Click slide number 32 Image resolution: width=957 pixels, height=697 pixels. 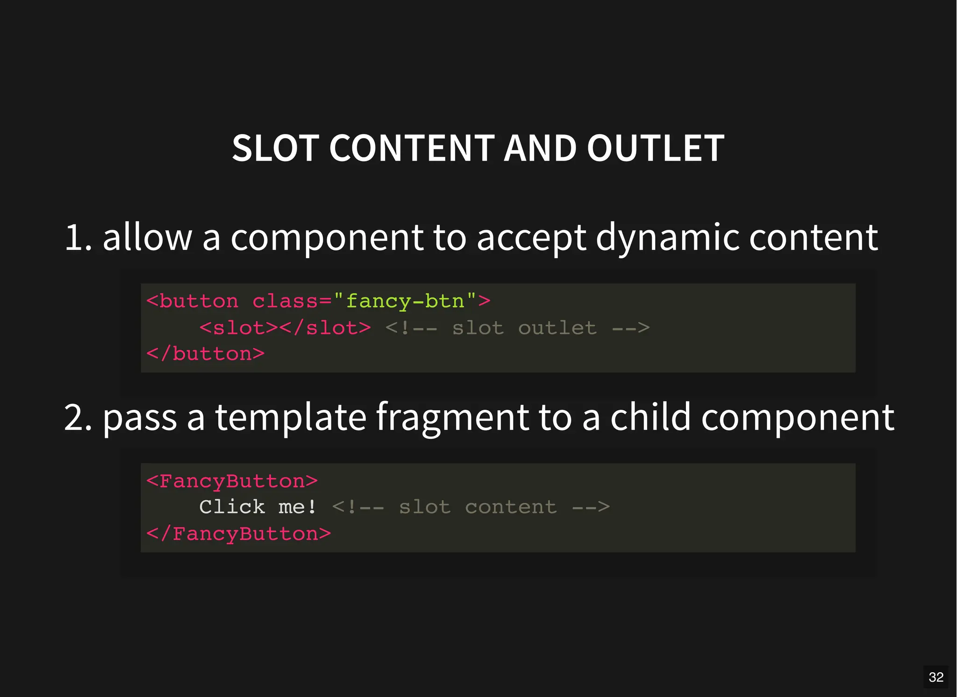pos(936,677)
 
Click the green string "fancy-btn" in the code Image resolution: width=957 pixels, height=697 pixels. pos(405,301)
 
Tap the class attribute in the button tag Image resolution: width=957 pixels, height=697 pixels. pos(285,301)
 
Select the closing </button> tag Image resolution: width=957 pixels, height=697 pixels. pos(206,354)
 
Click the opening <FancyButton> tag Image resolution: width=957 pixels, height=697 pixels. pos(232,481)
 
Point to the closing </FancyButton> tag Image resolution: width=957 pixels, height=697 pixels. pos(238,534)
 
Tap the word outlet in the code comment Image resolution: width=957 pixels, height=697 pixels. pos(557,328)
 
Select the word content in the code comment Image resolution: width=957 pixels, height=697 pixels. pos(511,507)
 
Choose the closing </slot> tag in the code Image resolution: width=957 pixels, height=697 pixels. pos(325,328)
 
